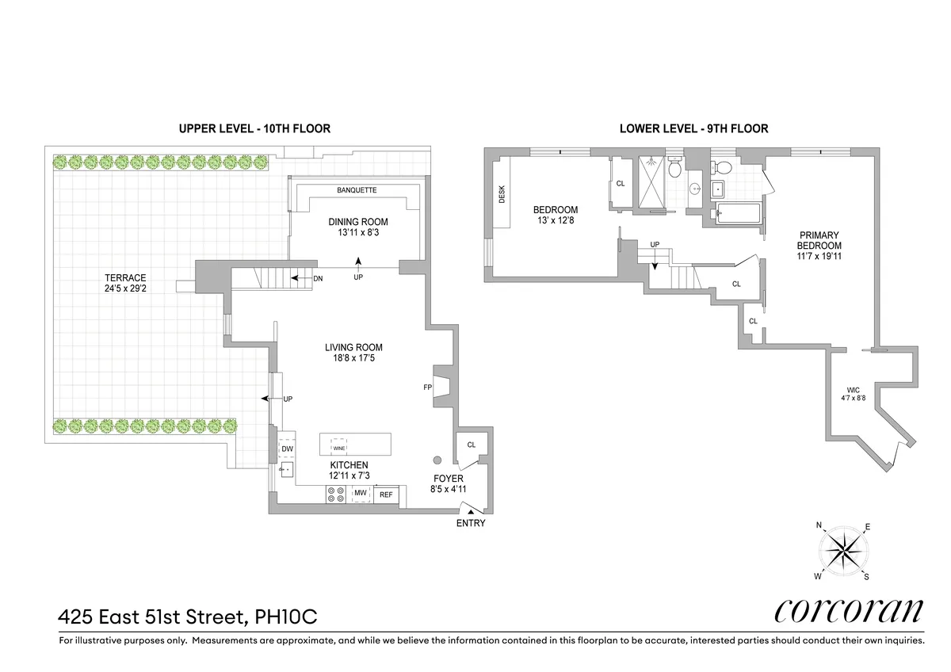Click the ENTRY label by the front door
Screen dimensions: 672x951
point(471,523)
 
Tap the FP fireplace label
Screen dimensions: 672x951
point(428,388)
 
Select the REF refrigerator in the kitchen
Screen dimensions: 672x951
point(386,494)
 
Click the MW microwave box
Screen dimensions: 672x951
point(361,494)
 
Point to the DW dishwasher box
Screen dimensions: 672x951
point(287,449)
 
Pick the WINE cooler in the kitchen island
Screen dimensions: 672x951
point(339,448)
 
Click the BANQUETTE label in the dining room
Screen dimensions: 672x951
point(357,190)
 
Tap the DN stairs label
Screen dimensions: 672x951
point(317,278)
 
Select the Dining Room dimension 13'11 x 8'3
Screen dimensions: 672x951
point(358,233)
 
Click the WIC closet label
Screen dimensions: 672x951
point(853,390)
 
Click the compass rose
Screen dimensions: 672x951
point(844,550)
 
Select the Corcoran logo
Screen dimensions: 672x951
point(848,611)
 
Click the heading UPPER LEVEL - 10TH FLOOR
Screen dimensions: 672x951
point(254,128)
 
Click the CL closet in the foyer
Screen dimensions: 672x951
point(471,445)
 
